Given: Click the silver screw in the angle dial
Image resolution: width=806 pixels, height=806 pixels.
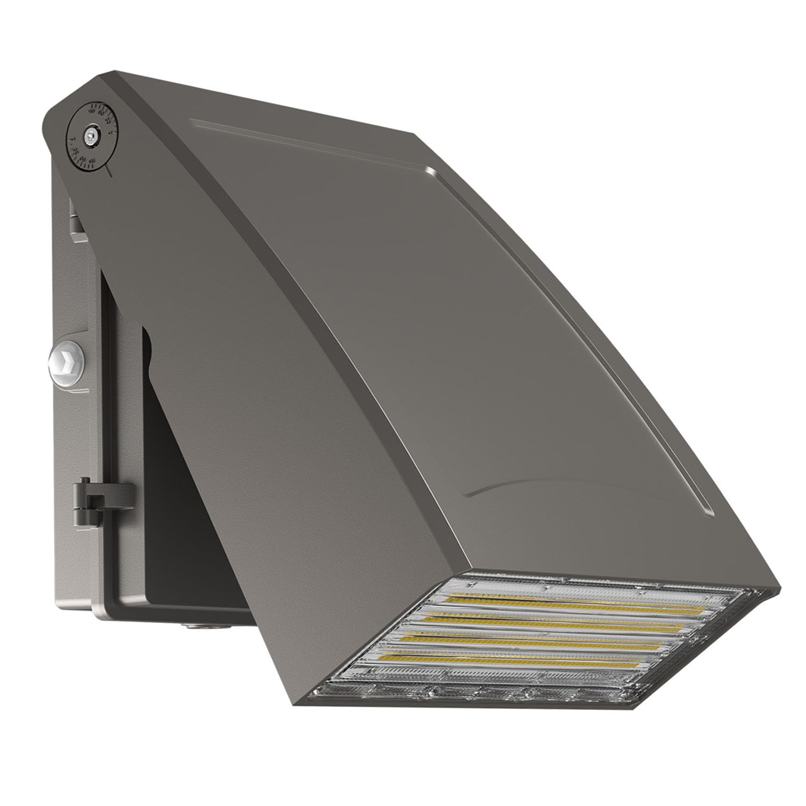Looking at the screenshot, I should [x=91, y=137].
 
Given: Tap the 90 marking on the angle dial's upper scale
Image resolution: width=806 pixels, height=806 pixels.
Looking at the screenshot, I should [x=91, y=111].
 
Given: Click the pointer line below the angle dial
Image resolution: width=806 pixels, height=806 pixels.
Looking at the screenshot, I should [x=109, y=171].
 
